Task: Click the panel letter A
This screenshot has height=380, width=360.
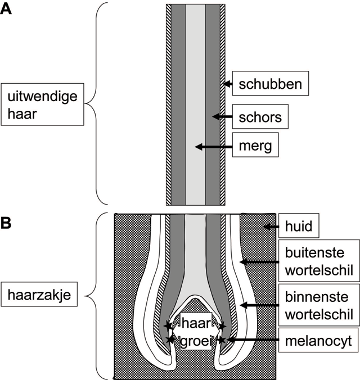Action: click(6, 9)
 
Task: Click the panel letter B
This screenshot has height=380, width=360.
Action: click(6, 223)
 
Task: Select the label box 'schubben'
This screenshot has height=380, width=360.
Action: click(271, 83)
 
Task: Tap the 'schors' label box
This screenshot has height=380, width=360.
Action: click(260, 116)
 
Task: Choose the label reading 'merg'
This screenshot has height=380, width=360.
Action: click(255, 145)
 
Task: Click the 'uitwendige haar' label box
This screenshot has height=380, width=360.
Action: click(42, 105)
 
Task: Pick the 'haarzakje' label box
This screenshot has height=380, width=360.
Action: click(39, 294)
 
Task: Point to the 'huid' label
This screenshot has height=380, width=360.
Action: click(299, 225)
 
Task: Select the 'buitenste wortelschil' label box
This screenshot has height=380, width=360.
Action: click(319, 261)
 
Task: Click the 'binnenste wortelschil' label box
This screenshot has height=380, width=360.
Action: click(319, 305)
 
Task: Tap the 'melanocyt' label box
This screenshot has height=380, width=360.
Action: click(318, 340)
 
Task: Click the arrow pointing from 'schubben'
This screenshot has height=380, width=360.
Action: click(228, 84)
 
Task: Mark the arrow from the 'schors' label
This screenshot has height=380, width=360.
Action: click(222, 116)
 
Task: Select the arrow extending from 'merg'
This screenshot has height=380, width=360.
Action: click(214, 147)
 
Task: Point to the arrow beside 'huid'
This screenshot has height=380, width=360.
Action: click(271, 227)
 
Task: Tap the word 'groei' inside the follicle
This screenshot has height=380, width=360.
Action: click(195, 341)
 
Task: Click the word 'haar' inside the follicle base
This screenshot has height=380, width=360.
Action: click(196, 323)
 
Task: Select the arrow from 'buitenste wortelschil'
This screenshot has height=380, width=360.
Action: click(259, 262)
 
